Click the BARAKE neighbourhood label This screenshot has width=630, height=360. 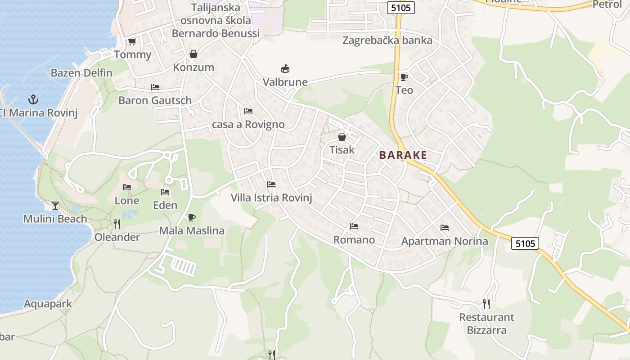pos(403,155)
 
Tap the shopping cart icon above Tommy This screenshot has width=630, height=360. pos(132,42)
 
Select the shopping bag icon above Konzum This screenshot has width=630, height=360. pos(193,54)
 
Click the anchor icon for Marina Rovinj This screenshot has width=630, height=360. pos(32,99)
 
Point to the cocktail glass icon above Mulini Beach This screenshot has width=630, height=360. pos(55,206)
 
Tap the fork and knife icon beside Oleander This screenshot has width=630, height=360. pos(117,224)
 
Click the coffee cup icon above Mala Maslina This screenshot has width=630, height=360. pos(192,218)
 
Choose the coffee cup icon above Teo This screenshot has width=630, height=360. pos(404,77)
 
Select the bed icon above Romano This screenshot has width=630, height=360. pos(354,226)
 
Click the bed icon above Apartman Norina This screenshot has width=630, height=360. pos(445,228)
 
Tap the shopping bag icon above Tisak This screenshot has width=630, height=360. pos(342,137)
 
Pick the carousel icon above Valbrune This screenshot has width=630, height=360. pos(285,68)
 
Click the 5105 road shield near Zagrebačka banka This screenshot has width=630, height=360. pos(400,8)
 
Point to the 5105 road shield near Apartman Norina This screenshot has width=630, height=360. pos(525,243)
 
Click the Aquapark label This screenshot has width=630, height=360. pos(48,304)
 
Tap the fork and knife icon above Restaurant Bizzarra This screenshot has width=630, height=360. pos(486,304)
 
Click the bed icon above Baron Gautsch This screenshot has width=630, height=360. pos(155,87)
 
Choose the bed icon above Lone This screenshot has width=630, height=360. pos(127,187)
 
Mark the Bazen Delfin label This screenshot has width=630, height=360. pos(81,73)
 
